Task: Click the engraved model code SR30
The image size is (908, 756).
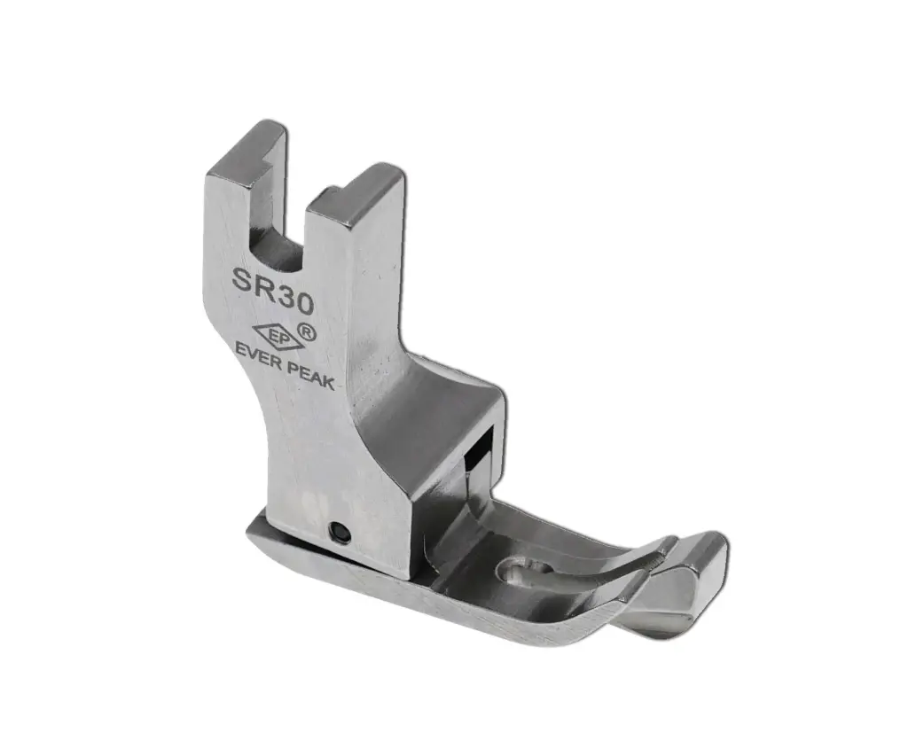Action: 273,292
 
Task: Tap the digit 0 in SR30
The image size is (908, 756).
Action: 301,304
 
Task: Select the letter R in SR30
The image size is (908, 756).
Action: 263,288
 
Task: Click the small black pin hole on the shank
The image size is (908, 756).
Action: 337,532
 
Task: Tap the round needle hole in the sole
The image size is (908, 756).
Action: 513,573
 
